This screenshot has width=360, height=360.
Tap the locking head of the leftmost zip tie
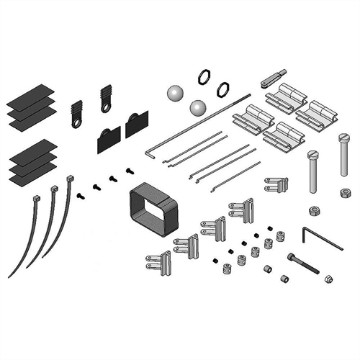tap(35, 198)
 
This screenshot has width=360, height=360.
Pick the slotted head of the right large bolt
tap(341, 138)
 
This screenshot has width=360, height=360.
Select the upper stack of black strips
tap(32, 106)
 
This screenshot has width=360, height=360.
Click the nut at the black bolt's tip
tap(328, 277)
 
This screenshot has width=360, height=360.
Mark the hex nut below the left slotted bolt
tap(314, 210)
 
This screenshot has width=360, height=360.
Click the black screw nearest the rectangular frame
tap(130, 171)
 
